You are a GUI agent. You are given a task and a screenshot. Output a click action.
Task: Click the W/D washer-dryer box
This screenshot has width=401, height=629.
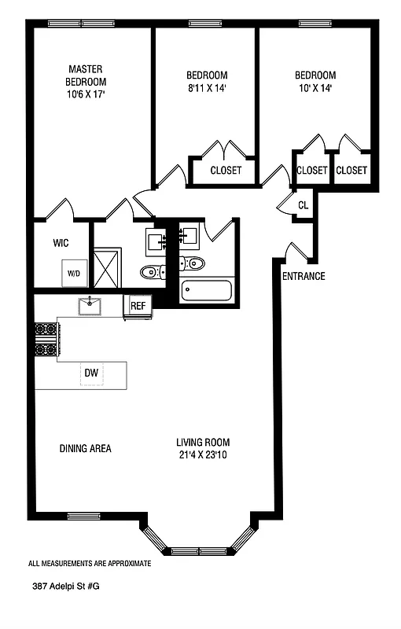[x=74, y=273]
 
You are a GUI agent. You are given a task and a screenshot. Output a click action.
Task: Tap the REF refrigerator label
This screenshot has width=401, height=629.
[x=138, y=306]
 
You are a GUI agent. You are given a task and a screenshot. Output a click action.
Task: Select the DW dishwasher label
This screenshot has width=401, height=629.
[x=91, y=373]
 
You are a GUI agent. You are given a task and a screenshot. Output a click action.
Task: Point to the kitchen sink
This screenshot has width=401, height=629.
[x=90, y=307]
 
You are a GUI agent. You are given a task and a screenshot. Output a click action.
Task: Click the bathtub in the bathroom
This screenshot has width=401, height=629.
[x=207, y=291]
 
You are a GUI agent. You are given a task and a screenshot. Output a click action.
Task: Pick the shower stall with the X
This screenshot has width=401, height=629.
[x=107, y=267]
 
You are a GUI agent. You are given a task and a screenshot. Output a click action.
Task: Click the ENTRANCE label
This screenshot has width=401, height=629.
[x=304, y=276]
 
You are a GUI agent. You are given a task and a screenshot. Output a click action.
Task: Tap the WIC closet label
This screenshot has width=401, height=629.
[x=61, y=243]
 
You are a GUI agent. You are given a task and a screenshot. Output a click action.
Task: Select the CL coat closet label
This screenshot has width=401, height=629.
[x=304, y=205]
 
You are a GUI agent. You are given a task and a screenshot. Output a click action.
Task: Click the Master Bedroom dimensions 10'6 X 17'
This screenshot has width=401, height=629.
[x=86, y=94]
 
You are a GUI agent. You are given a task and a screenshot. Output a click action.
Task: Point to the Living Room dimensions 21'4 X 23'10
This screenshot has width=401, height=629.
[x=204, y=455]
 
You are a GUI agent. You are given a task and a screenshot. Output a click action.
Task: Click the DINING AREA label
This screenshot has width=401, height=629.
[x=86, y=448]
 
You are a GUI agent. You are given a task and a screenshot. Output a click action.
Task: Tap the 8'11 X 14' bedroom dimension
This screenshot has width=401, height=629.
[x=208, y=88]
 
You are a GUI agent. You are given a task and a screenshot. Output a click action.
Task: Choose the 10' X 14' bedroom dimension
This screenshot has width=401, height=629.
[x=315, y=88]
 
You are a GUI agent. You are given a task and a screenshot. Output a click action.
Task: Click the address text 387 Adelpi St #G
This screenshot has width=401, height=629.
[x=66, y=586]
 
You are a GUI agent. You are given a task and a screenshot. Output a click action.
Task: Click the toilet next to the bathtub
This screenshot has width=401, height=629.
[x=191, y=263]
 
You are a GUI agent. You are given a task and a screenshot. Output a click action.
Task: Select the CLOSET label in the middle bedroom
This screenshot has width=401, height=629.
[x=226, y=170]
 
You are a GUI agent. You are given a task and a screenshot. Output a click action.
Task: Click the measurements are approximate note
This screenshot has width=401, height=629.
[x=90, y=563]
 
